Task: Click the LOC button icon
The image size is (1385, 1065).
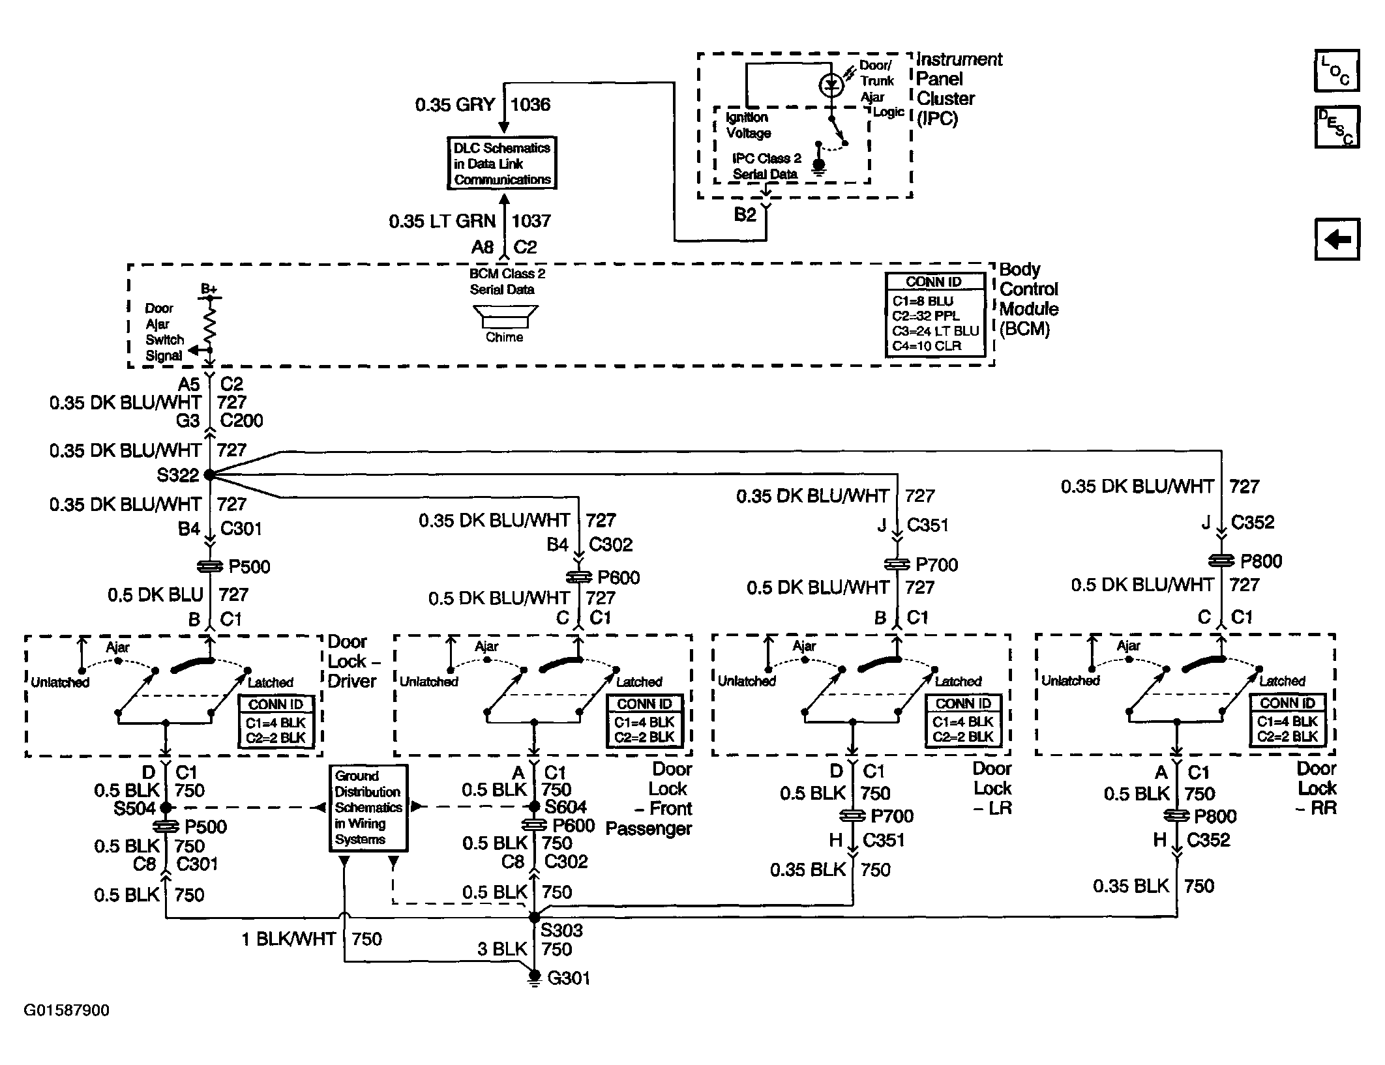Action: point(1337,71)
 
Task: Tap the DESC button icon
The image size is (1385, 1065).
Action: point(1337,128)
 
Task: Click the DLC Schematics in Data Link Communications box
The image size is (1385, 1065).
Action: point(502,164)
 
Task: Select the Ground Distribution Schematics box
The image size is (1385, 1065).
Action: point(368,808)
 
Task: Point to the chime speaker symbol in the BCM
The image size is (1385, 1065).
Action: point(505,317)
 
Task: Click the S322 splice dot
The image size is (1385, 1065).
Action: point(209,475)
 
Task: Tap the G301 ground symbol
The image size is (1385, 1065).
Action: point(534,977)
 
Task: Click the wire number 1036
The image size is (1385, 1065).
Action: point(530,105)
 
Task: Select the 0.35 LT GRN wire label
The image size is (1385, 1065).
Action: point(442,222)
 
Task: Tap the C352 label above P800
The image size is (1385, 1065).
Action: point(1253,523)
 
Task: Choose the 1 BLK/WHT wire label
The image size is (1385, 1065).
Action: point(288,939)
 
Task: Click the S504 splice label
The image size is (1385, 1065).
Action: point(135,809)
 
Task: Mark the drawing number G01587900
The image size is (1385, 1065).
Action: point(67,1011)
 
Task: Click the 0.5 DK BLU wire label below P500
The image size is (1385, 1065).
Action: point(155,595)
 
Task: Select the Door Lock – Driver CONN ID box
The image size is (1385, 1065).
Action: point(276,722)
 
